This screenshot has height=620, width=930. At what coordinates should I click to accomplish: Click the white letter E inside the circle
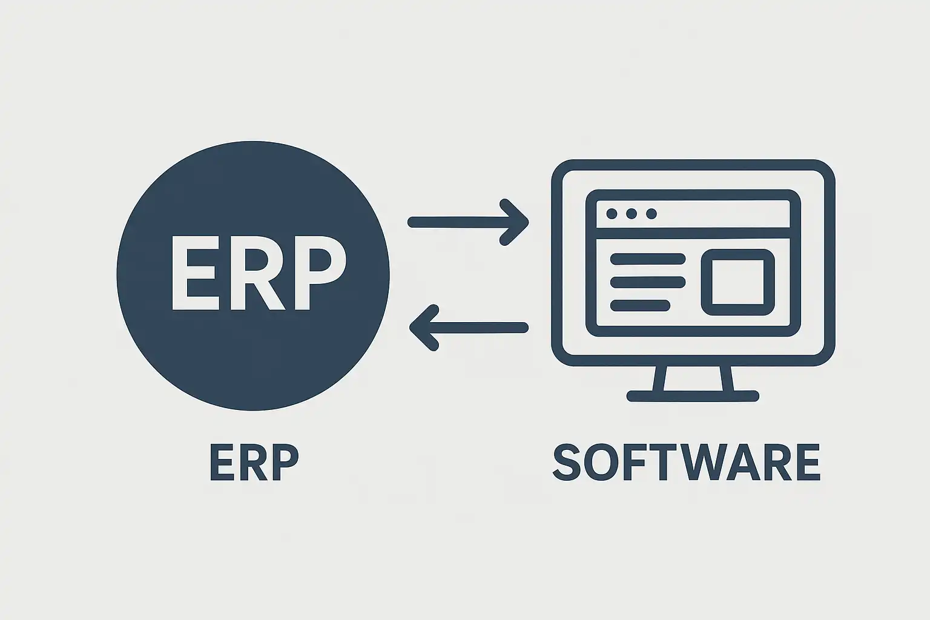(194, 273)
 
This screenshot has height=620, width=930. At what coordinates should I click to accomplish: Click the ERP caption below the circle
(254, 462)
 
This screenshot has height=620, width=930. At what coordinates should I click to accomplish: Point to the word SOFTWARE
(687, 462)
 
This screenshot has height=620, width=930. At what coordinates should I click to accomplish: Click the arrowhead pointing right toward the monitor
(515, 222)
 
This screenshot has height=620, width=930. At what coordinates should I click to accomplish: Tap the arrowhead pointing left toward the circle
(424, 328)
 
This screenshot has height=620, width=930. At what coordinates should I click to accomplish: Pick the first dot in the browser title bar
(612, 214)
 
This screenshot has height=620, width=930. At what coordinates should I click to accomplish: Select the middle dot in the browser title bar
(632, 214)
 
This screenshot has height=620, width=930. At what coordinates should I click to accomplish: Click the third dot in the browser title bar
(651, 214)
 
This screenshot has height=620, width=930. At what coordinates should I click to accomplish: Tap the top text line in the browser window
(648, 259)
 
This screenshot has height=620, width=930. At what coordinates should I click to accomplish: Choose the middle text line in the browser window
(648, 282)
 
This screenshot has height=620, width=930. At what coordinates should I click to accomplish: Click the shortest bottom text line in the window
(640, 305)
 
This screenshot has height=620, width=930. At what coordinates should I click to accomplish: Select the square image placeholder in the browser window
(738, 254)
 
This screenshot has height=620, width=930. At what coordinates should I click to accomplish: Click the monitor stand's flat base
(693, 396)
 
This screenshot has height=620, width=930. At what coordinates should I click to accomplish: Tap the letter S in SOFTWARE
(567, 462)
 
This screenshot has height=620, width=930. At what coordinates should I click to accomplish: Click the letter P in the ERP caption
(285, 462)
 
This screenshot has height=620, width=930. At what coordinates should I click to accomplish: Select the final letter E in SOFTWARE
(808, 462)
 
